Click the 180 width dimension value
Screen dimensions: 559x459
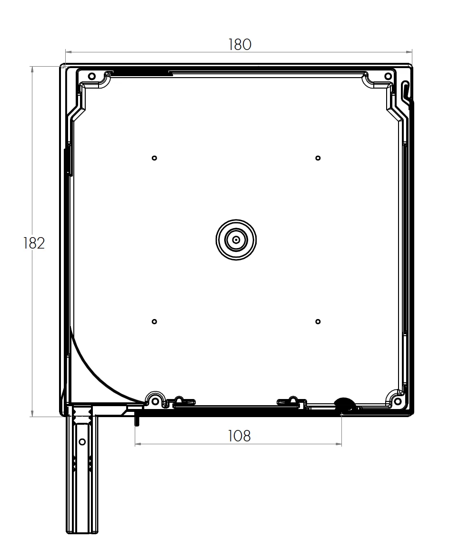[x=239, y=44]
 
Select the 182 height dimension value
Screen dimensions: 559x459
[x=34, y=243]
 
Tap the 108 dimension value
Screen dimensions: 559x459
[x=239, y=435]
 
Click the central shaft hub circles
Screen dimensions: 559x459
[x=236, y=240]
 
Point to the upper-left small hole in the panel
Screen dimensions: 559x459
[x=154, y=158]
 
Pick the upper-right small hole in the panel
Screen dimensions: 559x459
[x=318, y=158]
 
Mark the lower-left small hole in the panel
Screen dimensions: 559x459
[x=154, y=322]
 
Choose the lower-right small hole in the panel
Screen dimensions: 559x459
[x=318, y=322]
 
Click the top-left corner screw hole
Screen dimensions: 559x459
[x=92, y=76]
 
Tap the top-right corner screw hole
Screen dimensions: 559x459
[x=388, y=76]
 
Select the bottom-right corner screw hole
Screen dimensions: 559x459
[x=398, y=401]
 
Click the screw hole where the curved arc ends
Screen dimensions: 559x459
[x=155, y=401]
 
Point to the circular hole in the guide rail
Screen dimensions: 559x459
[x=82, y=442]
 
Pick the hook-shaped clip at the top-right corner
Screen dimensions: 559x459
[x=405, y=90]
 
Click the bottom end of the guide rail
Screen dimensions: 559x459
[x=82, y=531]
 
